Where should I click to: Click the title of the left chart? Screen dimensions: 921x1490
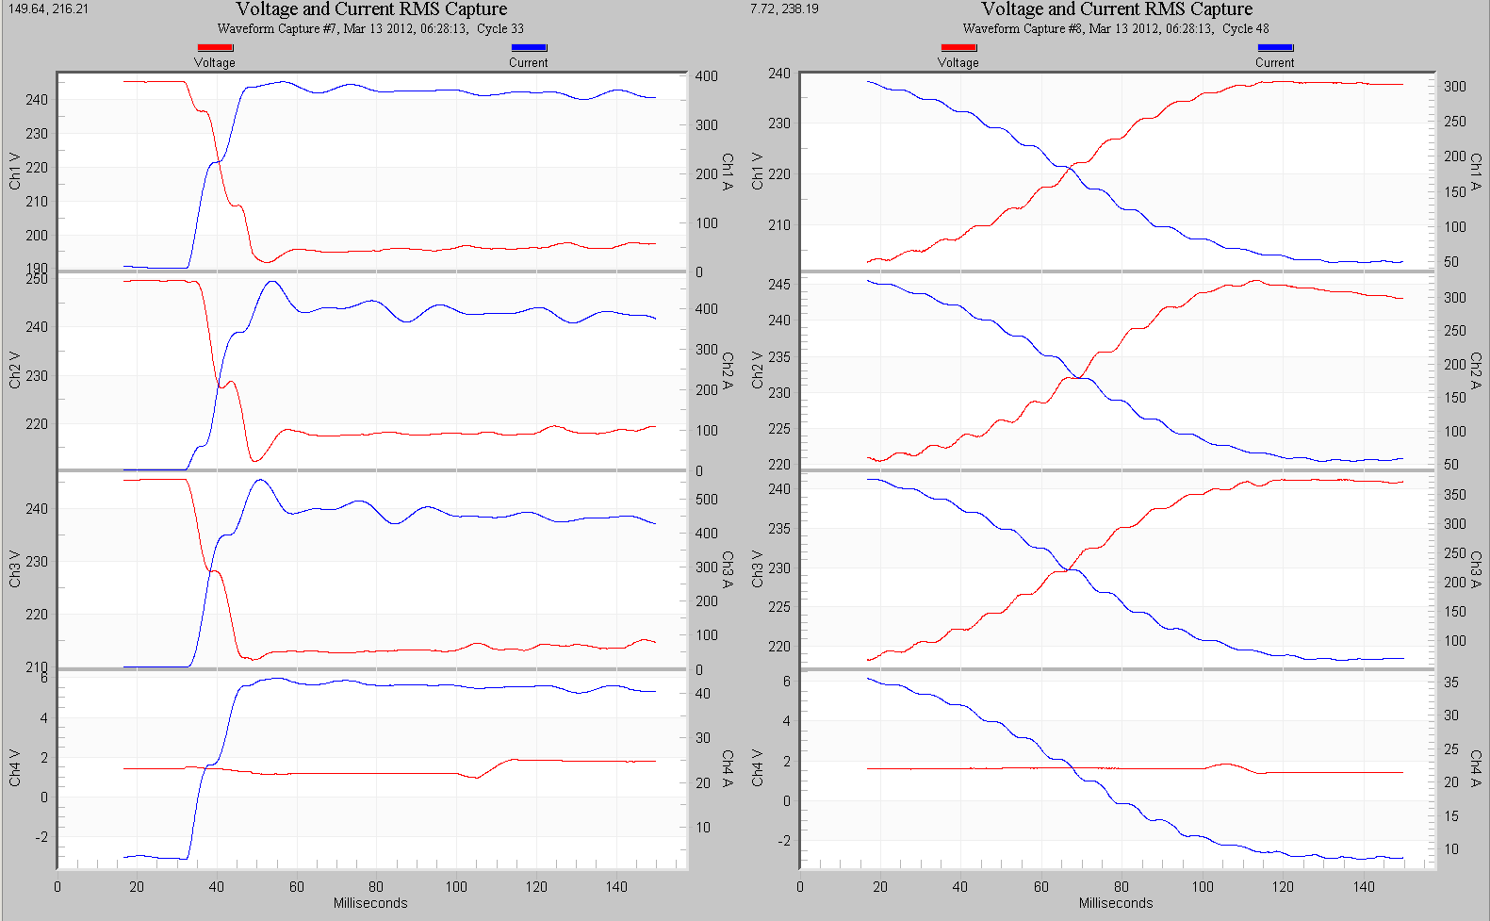click(x=371, y=9)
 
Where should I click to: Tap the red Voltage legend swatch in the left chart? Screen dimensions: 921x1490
click(x=215, y=47)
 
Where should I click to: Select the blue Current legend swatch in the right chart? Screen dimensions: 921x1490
click(x=1274, y=47)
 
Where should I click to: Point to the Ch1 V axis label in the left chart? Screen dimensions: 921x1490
click(x=15, y=171)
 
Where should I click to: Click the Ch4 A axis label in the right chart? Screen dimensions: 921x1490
click(x=1476, y=768)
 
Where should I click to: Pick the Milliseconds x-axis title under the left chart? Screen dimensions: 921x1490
click(x=370, y=903)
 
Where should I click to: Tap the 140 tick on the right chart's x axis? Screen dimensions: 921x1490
click(x=1364, y=886)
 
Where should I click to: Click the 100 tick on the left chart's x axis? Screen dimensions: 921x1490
click(x=456, y=886)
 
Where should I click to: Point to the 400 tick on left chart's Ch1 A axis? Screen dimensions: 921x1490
click(x=706, y=76)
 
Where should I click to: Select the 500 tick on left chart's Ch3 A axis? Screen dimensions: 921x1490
click(x=706, y=500)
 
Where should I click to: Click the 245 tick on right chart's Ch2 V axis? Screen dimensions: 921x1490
click(x=779, y=285)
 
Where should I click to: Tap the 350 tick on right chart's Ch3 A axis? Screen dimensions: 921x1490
click(x=1455, y=495)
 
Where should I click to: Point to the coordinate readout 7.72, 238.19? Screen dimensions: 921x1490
click(x=784, y=8)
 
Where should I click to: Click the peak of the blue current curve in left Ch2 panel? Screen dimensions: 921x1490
click(x=272, y=281)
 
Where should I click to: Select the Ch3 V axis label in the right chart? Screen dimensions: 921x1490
click(x=758, y=568)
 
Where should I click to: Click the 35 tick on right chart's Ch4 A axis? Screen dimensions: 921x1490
click(x=1451, y=683)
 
